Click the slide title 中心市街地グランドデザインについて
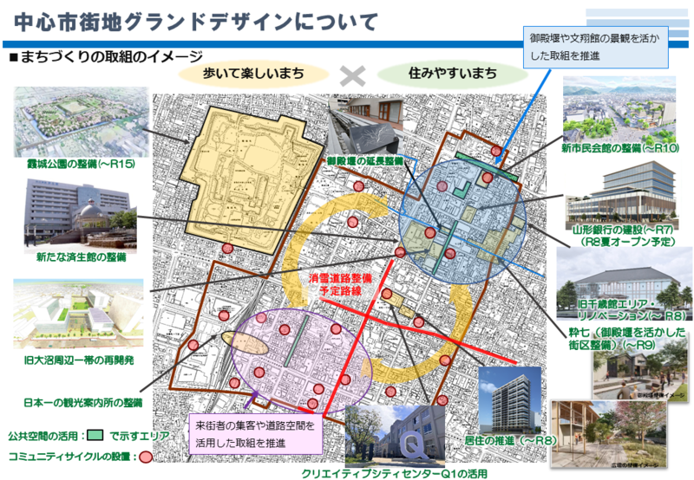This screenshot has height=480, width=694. coord(192,18)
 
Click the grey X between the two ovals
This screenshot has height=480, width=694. coord(351,75)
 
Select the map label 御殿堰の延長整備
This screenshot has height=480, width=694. coord(364,161)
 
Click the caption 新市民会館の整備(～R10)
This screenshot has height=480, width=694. coord(619,148)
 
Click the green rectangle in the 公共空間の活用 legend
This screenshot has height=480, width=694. coord(95,435)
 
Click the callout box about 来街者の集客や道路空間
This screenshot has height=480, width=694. coord(252,434)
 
